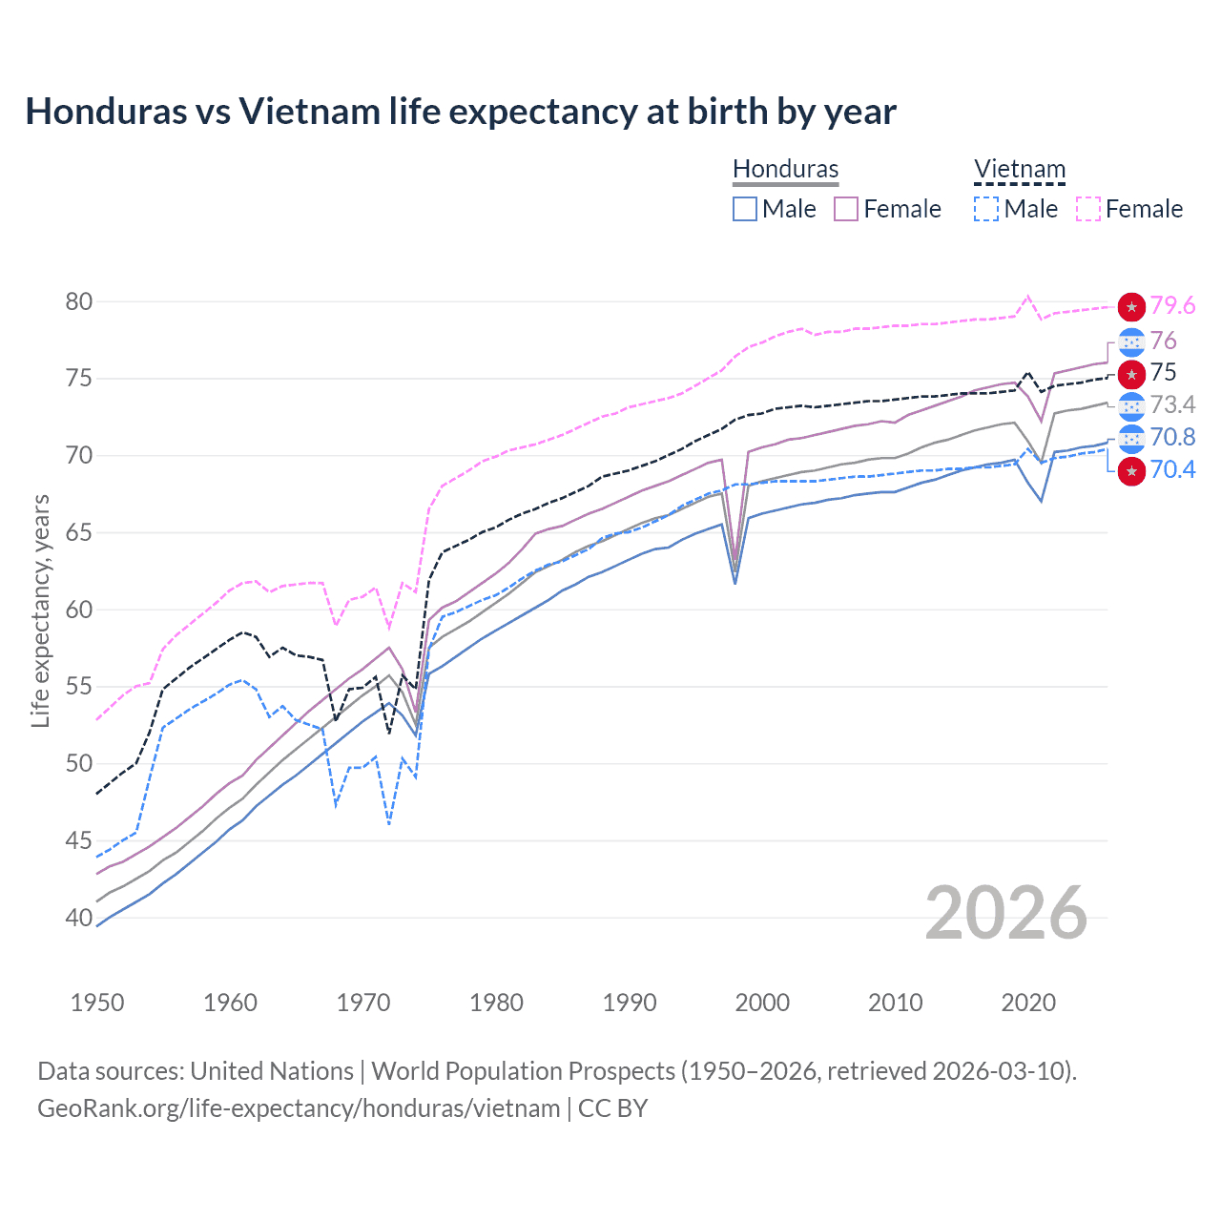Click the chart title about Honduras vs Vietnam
click(x=461, y=112)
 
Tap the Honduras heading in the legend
click(x=785, y=169)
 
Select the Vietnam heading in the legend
click(x=1019, y=169)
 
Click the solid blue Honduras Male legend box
click(x=745, y=209)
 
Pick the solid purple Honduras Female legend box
click(x=847, y=209)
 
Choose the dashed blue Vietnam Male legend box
click(x=986, y=209)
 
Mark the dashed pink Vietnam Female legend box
click(x=1088, y=209)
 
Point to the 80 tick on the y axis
click(x=79, y=301)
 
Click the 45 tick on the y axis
click(x=79, y=840)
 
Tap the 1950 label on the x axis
click(x=97, y=1003)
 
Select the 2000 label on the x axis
click(x=762, y=1003)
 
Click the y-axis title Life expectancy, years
click(x=40, y=610)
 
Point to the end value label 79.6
click(x=1172, y=305)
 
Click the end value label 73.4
click(x=1172, y=405)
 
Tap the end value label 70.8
click(x=1172, y=437)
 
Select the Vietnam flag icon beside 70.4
click(x=1131, y=470)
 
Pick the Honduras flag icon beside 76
click(x=1131, y=341)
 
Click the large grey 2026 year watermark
click(x=1006, y=913)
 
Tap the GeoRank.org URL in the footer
click(x=299, y=1108)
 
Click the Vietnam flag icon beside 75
click(x=1131, y=373)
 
